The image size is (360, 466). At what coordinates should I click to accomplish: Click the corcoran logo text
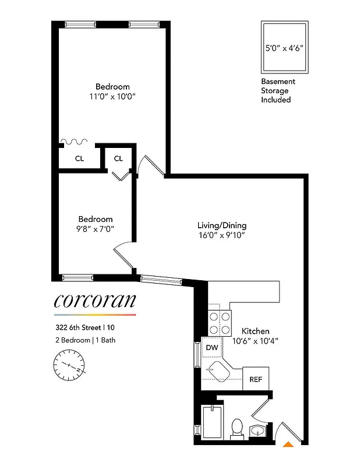pyautogui.click(x=94, y=301)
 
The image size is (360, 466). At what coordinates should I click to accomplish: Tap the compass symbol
pyautogui.click(x=69, y=366)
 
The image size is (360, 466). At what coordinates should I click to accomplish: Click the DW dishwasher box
pyautogui.click(x=212, y=348)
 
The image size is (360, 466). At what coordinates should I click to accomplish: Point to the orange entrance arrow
pyautogui.click(x=288, y=445)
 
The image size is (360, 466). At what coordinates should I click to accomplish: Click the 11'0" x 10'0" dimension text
pyautogui.click(x=112, y=97)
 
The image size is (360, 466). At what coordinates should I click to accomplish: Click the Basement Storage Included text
pyautogui.click(x=278, y=91)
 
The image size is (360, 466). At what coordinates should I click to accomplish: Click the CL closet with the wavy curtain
pyautogui.click(x=79, y=158)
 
